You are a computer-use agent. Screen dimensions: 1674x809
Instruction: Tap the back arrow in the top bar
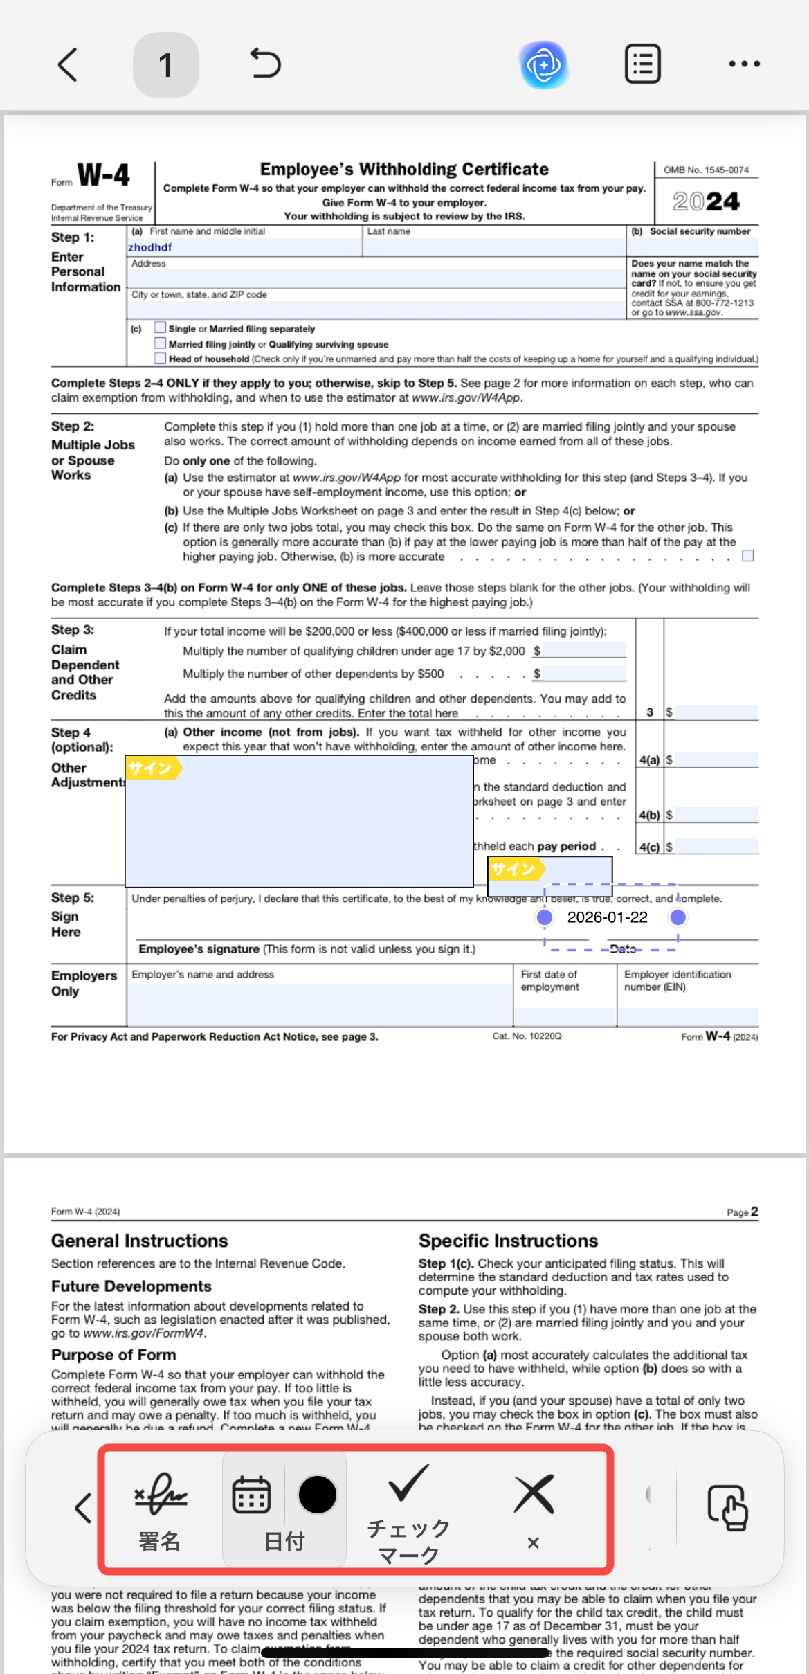pyautogui.click(x=67, y=65)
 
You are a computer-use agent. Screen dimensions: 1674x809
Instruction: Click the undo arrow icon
pyautogui.click(x=265, y=64)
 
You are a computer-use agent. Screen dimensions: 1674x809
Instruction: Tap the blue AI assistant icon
pyautogui.click(x=545, y=65)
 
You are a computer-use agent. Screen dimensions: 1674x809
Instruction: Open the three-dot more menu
pyautogui.click(x=744, y=64)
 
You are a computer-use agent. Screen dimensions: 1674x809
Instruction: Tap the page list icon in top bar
pyautogui.click(x=642, y=64)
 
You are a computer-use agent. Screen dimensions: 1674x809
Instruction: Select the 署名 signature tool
pyautogui.click(x=160, y=1509)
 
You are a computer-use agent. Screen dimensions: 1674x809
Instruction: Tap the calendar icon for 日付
pyautogui.click(x=251, y=1495)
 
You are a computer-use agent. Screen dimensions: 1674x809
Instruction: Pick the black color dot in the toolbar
pyautogui.click(x=317, y=1494)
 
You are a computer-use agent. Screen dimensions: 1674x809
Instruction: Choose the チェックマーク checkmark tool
pyautogui.click(x=408, y=1509)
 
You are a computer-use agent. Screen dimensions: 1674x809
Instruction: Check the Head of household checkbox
pyautogui.click(x=161, y=358)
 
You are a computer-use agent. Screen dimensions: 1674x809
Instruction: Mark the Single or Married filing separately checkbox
pyautogui.click(x=161, y=327)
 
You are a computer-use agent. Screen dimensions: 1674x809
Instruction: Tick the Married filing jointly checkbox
pyautogui.click(x=161, y=343)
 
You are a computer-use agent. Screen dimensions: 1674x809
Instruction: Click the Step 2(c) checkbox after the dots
pyautogui.click(x=747, y=556)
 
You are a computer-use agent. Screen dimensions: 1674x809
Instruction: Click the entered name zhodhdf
pyautogui.click(x=150, y=247)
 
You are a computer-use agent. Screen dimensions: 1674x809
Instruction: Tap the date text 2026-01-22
pyautogui.click(x=607, y=917)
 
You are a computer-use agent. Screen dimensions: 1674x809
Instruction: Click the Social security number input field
pyautogui.click(x=692, y=247)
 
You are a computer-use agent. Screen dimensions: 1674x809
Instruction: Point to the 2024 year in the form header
pyautogui.click(x=706, y=201)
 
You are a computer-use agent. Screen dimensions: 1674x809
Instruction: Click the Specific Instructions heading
pyautogui.click(x=508, y=1241)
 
